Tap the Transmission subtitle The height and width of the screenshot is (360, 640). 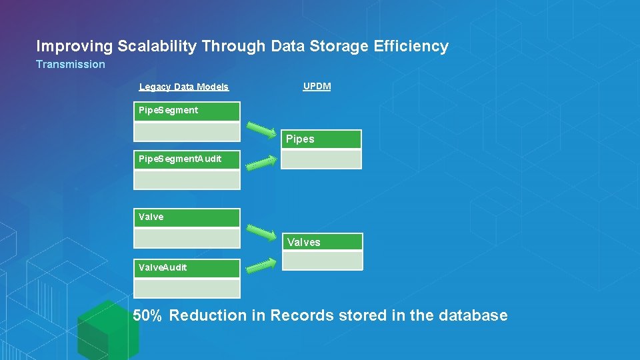(71, 65)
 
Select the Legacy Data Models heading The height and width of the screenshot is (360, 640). (184, 87)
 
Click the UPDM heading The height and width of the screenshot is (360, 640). (317, 87)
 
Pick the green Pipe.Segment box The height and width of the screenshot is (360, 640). (187, 111)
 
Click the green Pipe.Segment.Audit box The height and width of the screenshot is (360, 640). (187, 159)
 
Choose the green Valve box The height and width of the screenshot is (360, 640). (187, 217)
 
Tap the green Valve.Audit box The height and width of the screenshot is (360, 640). (187, 268)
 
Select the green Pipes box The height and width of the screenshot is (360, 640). (321, 139)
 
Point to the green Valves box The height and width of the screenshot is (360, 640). (323, 242)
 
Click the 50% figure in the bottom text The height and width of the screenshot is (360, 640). (147, 316)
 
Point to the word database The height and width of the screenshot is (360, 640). (473, 316)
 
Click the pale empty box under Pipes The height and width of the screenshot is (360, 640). (321, 159)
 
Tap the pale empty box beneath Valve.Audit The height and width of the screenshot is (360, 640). (187, 288)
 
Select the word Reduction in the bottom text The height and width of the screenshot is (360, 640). (208, 316)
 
